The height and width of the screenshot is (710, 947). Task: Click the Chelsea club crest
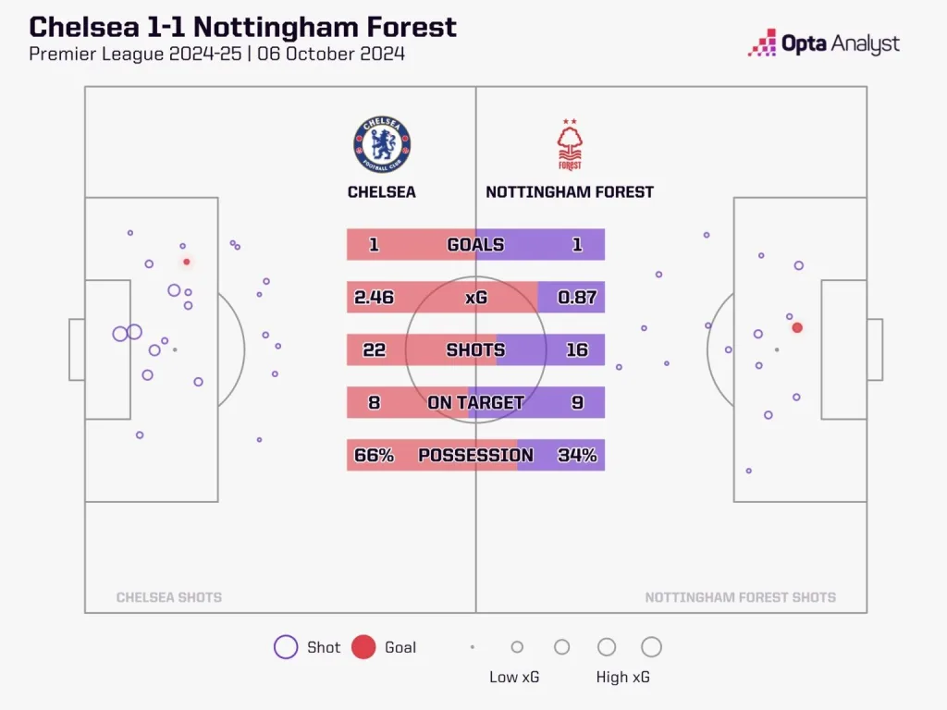pos(382,145)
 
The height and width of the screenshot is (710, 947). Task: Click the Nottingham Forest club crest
pos(570,146)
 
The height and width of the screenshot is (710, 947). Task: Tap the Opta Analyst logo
pos(823,43)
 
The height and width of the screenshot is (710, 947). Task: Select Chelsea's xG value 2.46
pos(375,298)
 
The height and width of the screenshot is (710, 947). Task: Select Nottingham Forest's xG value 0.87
pos(577,298)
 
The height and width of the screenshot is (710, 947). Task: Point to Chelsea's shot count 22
pos(374,350)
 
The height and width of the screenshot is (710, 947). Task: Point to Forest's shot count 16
pos(577,350)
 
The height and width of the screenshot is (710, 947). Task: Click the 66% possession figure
pos(374,455)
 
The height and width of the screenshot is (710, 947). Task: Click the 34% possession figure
pos(577,455)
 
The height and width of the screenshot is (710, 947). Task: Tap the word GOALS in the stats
pos(475,245)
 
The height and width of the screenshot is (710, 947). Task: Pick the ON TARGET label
pos(475,402)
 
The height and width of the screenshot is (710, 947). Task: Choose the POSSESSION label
pos(475,455)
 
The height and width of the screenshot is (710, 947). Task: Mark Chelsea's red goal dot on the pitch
pos(187,262)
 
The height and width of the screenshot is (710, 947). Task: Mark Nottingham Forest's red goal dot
pos(797,327)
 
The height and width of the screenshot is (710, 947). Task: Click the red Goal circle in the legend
pos(363,647)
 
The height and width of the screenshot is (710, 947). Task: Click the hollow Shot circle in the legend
pos(286,647)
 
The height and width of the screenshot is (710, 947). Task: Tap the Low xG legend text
pos(514,677)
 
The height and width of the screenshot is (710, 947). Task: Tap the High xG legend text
pos(622,677)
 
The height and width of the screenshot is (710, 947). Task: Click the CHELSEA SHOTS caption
pos(169,597)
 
